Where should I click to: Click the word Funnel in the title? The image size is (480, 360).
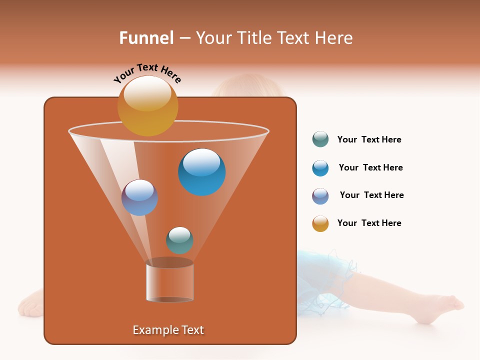click(x=146, y=38)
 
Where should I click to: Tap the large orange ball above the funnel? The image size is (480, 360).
click(x=147, y=106)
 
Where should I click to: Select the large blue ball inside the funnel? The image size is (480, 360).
click(x=201, y=172)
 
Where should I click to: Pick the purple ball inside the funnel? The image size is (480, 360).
click(x=139, y=197)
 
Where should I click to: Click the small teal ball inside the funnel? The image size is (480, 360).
click(x=179, y=240)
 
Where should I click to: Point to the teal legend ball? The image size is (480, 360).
click(x=320, y=139)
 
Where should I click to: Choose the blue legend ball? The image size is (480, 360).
click(x=320, y=168)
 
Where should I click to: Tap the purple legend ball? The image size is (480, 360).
click(x=320, y=196)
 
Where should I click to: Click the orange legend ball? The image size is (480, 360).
click(x=320, y=223)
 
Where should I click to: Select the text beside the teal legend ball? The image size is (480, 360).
click(x=369, y=140)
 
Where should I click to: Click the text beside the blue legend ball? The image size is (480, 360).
click(x=370, y=168)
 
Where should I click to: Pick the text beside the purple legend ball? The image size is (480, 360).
click(x=371, y=195)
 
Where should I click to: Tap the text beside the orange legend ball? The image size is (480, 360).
click(x=369, y=223)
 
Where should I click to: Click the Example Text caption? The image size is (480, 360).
click(x=168, y=330)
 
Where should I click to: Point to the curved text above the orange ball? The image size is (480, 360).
click(x=147, y=73)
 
